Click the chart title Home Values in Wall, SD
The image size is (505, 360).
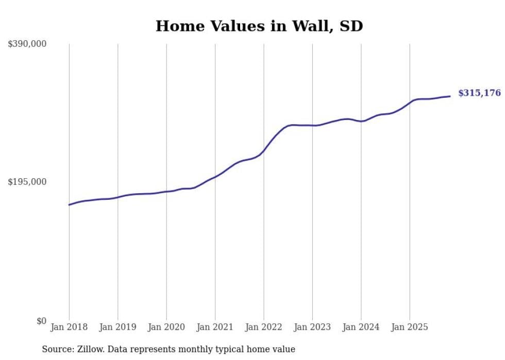(x=259, y=26)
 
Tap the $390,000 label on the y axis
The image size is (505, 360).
(x=27, y=44)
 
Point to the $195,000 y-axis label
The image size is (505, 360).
(x=27, y=182)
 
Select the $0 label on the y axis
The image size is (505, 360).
(x=41, y=321)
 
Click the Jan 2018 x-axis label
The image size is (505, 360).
(x=69, y=327)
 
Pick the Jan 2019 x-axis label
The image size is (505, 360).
(x=117, y=327)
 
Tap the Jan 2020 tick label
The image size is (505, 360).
(x=166, y=327)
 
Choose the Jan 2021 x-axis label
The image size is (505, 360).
(x=215, y=327)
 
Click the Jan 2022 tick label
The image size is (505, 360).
(x=264, y=327)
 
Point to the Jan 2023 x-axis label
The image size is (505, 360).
(x=312, y=327)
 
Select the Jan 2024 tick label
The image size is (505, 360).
(x=361, y=327)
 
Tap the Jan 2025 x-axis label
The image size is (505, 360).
(x=410, y=327)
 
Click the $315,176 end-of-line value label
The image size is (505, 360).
(x=479, y=93)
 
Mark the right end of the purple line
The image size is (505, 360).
(x=450, y=96)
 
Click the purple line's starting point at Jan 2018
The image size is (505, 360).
(x=69, y=205)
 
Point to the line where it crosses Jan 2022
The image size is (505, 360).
(x=264, y=150)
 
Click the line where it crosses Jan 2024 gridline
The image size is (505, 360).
(x=361, y=122)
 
